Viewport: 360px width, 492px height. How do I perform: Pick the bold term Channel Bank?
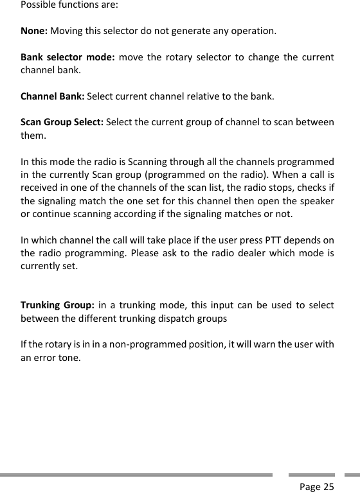[x=52, y=97]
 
